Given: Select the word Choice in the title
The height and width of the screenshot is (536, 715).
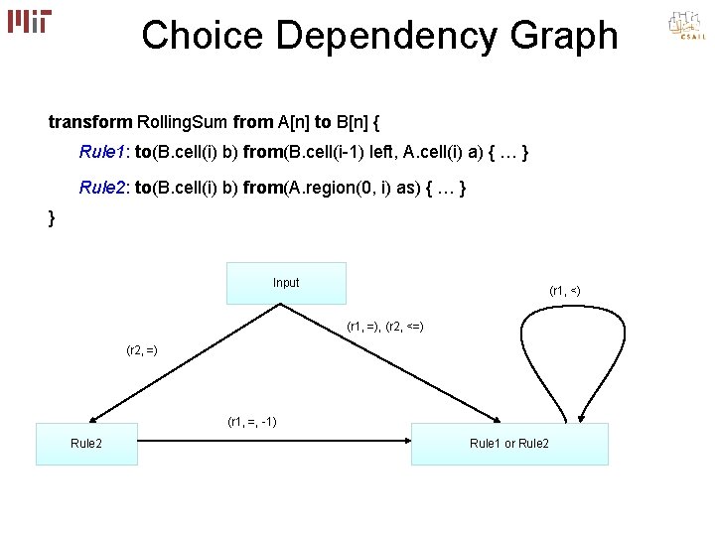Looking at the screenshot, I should tap(203, 36).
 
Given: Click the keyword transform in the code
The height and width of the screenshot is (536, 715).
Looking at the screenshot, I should tap(90, 122).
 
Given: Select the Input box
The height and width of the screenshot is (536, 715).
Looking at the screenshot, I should tap(286, 283).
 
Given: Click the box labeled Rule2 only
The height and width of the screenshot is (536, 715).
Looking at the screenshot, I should tap(86, 444).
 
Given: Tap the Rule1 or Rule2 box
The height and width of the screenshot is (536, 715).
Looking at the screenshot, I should tap(509, 444).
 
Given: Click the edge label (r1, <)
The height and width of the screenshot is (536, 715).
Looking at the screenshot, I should tap(564, 291).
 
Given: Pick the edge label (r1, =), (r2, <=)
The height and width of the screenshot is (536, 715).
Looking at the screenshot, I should tap(385, 327).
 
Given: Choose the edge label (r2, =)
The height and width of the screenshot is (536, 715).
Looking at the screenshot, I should tap(142, 349).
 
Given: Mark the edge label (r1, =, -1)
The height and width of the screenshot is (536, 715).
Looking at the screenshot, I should tap(252, 422).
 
